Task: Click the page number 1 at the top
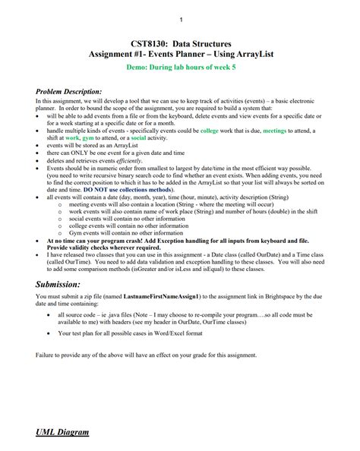tap(180, 17)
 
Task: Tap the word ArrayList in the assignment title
tap(246, 55)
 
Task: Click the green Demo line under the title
tap(180, 68)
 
